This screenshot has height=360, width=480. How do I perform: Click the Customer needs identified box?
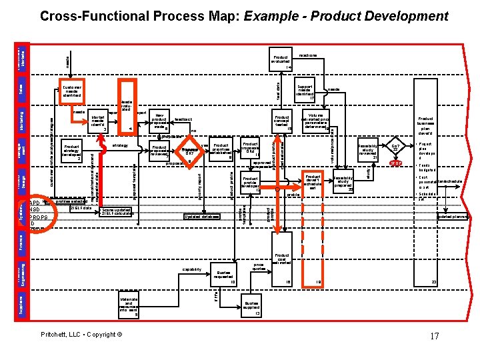[72, 91]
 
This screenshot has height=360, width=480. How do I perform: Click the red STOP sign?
[395, 163]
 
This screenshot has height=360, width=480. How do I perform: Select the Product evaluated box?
[281, 61]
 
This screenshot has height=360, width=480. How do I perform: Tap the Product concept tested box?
[281, 121]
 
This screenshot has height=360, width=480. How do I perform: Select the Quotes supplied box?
[251, 306]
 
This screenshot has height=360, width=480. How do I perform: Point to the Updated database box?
[201, 217]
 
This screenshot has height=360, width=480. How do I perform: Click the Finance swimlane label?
[21, 241]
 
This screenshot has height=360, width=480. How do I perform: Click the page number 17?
[434, 336]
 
